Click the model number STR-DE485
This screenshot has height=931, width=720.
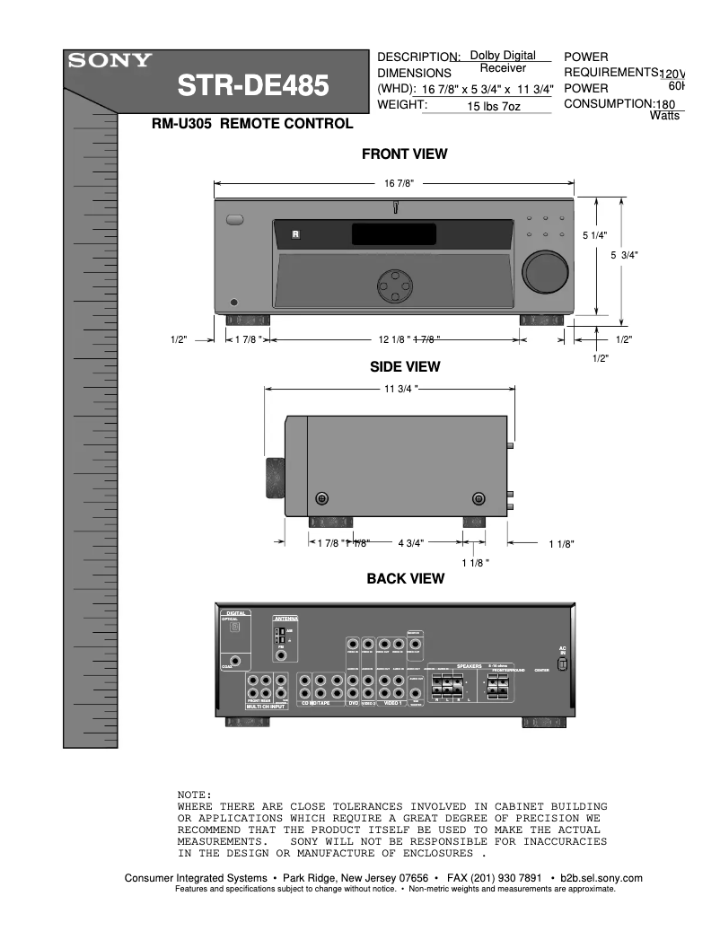pos(252,87)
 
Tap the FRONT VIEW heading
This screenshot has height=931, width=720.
pos(404,154)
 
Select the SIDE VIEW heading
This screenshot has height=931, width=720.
pos(405,366)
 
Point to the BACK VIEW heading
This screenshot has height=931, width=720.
pos(405,578)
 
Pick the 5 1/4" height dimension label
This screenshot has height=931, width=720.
pos(594,235)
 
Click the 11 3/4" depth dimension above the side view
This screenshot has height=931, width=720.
pos(396,389)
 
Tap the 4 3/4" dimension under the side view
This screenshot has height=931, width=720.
pos(410,543)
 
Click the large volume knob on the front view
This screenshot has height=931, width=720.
pos(546,271)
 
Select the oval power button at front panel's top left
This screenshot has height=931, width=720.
pos(235,219)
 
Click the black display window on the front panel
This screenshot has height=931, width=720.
pos(394,234)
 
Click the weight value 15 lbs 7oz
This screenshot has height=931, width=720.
pos(494,106)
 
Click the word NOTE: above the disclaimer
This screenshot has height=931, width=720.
pos(195,795)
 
